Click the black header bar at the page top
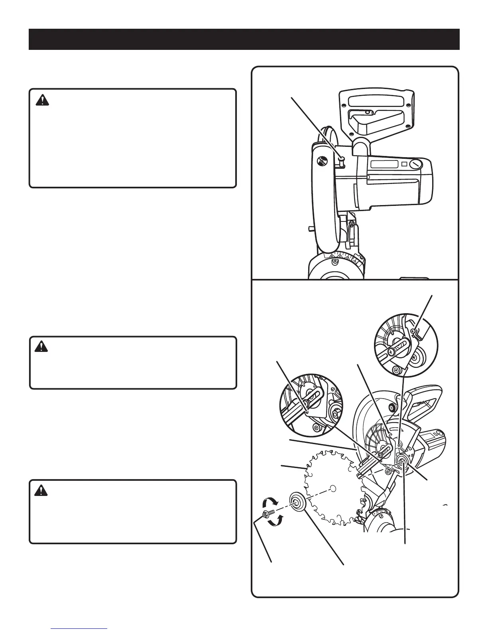[x=244, y=39]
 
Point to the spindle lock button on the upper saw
[x=341, y=160]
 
